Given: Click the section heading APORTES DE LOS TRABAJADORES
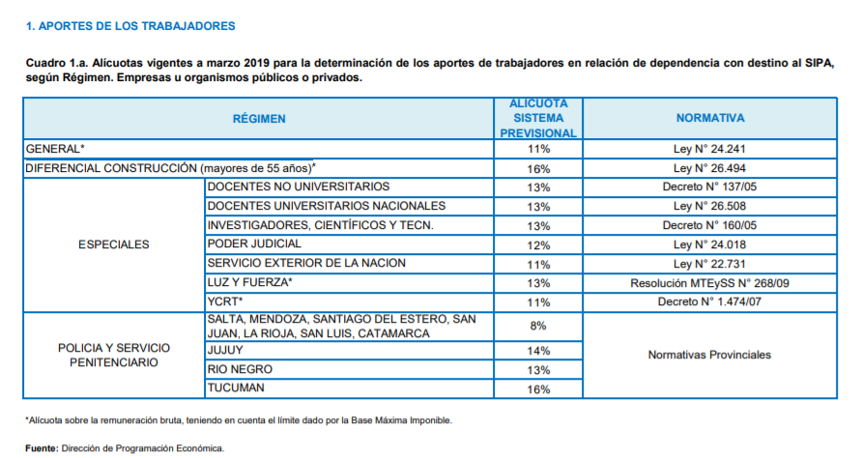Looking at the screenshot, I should pyautogui.click(x=130, y=25).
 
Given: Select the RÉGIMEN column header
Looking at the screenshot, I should pyautogui.click(x=260, y=119).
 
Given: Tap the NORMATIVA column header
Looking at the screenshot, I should pyautogui.click(x=709, y=119).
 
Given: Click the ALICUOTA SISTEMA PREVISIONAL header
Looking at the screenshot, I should pyautogui.click(x=538, y=119).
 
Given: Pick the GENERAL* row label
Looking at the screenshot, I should pyautogui.click(x=56, y=149).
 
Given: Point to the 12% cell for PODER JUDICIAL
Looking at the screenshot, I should pyautogui.click(x=538, y=244).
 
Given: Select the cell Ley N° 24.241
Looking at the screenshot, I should pyautogui.click(x=709, y=149).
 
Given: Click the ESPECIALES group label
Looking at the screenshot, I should pyautogui.click(x=114, y=244).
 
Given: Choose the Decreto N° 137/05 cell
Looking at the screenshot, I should pyautogui.click(x=709, y=186).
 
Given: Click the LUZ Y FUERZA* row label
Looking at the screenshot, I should pyautogui.click(x=249, y=282).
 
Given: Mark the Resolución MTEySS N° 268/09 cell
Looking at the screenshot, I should pyautogui.click(x=709, y=283).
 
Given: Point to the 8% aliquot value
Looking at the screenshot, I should pyautogui.click(x=538, y=327).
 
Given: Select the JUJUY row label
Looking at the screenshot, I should pyautogui.click(x=225, y=351).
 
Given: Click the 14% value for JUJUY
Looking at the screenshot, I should pyautogui.click(x=538, y=351).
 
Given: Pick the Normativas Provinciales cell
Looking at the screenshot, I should pyautogui.click(x=709, y=355).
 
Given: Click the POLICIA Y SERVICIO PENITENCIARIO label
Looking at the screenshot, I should pyautogui.click(x=114, y=354).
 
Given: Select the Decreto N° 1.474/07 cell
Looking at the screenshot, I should pyautogui.click(x=709, y=301).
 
